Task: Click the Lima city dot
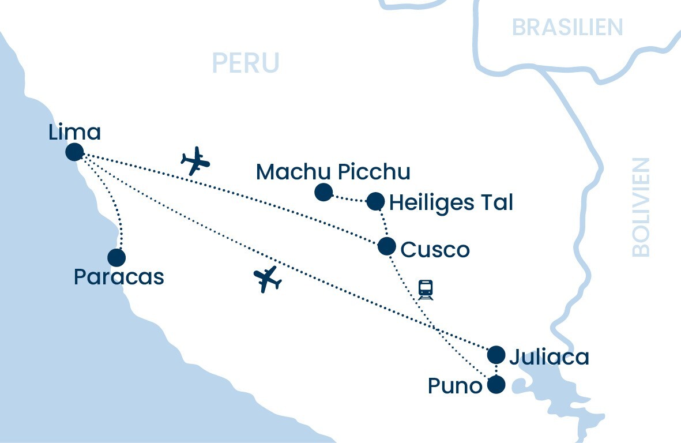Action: [x=74, y=152]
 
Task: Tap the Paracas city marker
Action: [x=116, y=257]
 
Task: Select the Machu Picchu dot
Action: [x=323, y=192]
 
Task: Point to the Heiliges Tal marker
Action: [x=375, y=201]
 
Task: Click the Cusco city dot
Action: [x=386, y=246]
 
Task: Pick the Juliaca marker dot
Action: [x=496, y=355]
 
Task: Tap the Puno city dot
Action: [x=496, y=384]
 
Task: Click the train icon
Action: [x=426, y=289]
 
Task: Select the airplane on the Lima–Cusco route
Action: [x=195, y=161]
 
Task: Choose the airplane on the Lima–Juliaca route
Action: [x=268, y=279]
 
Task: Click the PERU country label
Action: [x=246, y=62]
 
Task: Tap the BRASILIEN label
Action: [x=567, y=27]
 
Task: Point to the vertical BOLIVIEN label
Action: [x=641, y=207]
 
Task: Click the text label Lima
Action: [x=75, y=132]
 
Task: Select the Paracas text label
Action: [x=119, y=277]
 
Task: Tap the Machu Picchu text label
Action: [x=333, y=171]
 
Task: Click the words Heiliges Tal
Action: [x=451, y=202]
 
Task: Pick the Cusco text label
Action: [x=435, y=249]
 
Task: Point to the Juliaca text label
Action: [x=549, y=357]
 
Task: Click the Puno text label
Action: [x=455, y=386]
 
